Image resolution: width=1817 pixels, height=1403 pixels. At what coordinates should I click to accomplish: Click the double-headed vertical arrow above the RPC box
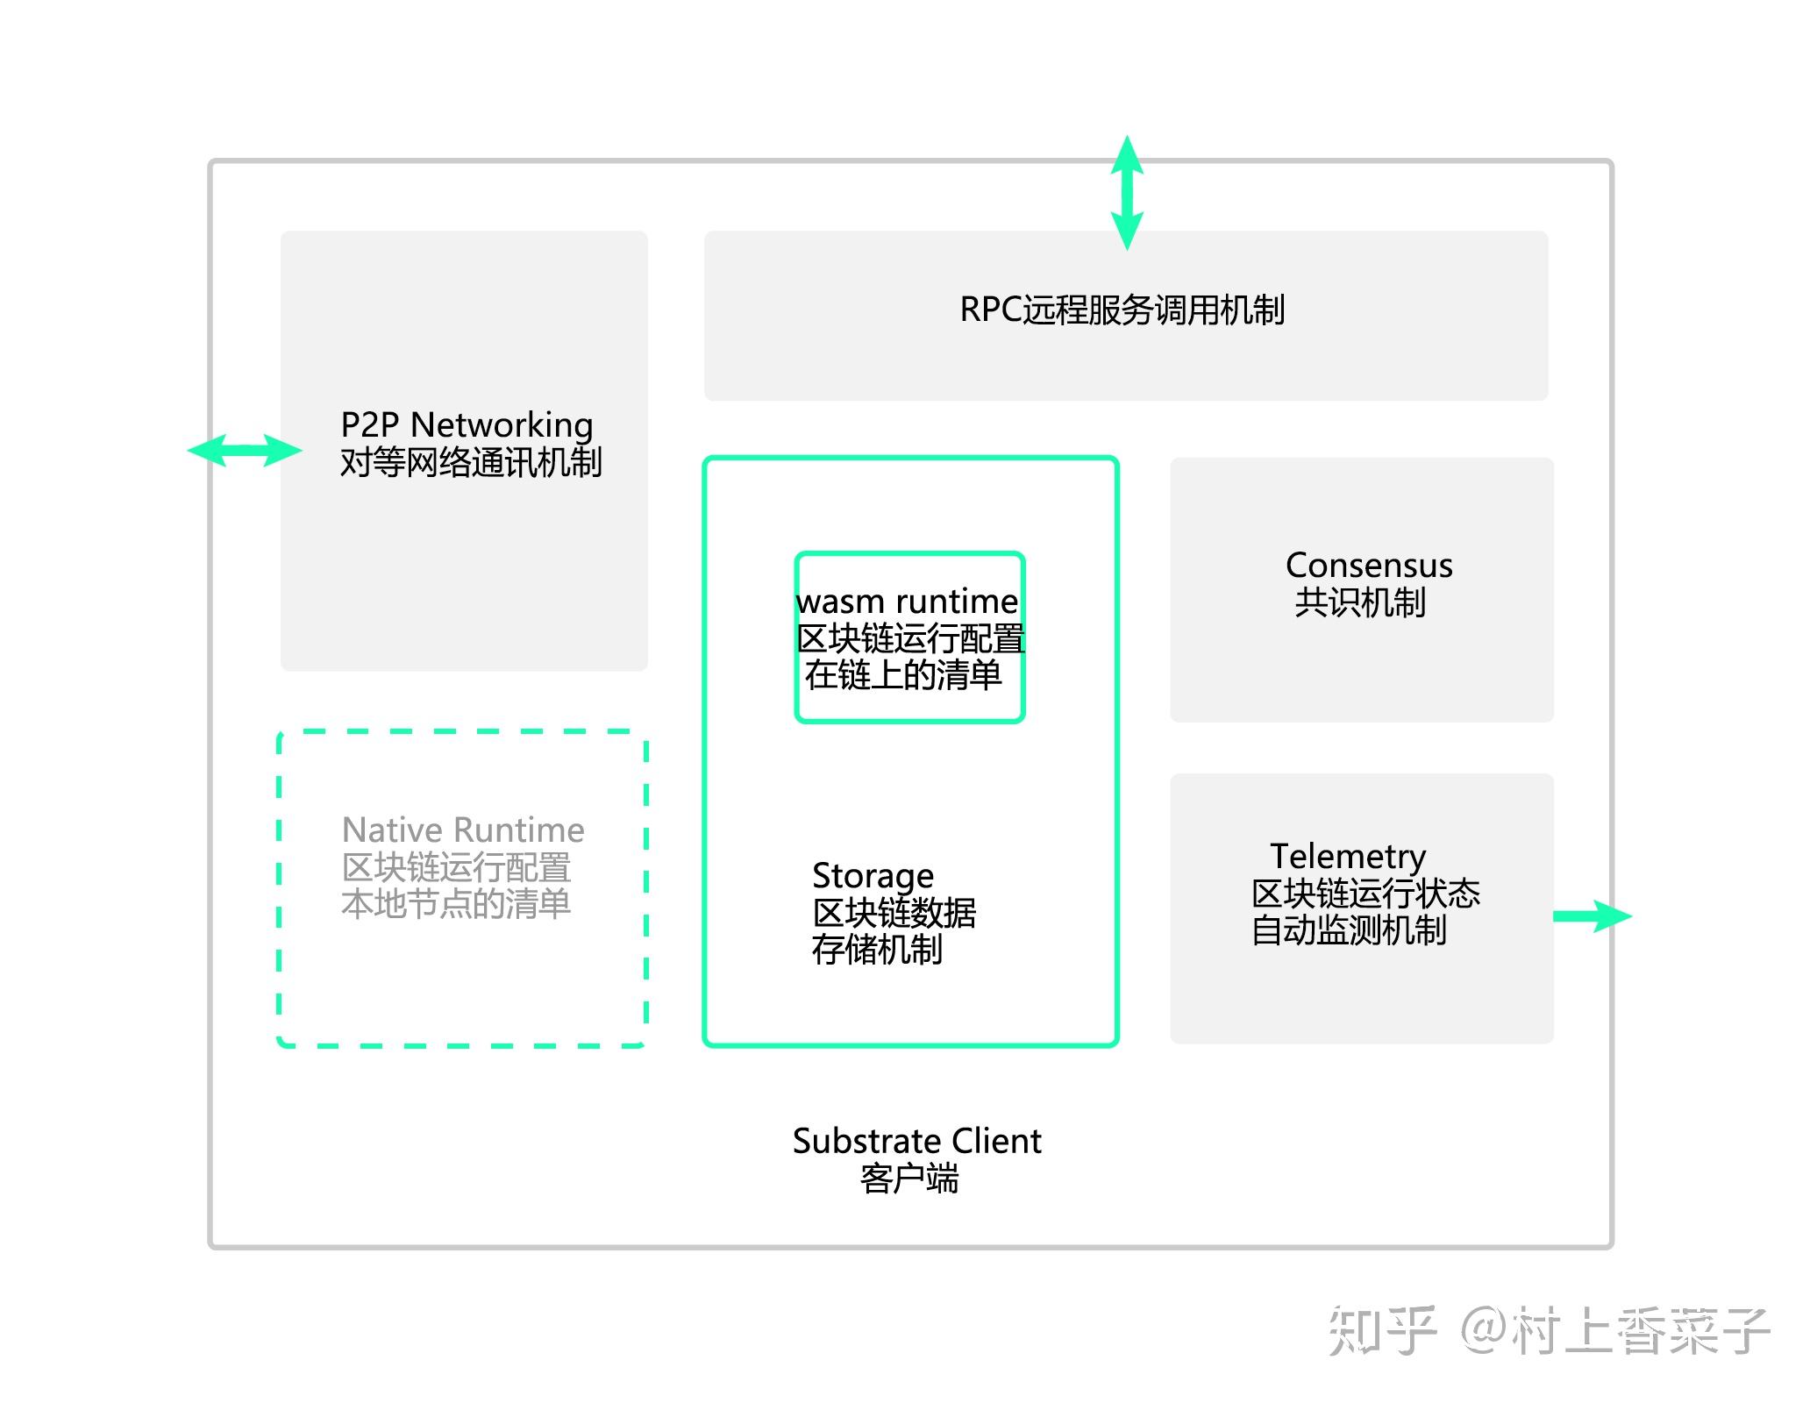1127,193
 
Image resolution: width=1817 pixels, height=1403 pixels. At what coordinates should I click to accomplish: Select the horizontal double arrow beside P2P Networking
245,451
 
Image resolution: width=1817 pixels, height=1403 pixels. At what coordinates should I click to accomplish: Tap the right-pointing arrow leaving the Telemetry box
1591,916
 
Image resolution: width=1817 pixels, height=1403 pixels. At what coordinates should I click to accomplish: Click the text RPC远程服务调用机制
1122,310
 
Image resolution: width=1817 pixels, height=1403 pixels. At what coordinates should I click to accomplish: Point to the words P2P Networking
467,425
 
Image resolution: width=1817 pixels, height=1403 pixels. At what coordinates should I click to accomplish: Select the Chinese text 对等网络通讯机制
471,462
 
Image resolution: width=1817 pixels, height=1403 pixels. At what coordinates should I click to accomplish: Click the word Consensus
1368,566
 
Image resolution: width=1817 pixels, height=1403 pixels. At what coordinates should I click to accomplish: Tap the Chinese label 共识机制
1359,603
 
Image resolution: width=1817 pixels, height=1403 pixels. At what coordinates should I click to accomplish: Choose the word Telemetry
1348,856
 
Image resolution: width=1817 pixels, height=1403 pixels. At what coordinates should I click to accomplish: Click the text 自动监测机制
1348,930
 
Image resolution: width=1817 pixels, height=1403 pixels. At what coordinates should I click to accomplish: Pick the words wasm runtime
907,602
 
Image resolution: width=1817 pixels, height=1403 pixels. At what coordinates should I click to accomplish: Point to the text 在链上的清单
903,675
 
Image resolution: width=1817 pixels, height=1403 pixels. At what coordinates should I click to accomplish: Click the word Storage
873,875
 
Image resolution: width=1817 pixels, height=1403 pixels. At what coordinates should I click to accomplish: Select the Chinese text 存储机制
877,950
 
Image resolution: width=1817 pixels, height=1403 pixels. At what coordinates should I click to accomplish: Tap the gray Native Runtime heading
463,830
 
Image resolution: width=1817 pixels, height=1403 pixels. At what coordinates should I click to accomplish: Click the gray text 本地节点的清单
456,904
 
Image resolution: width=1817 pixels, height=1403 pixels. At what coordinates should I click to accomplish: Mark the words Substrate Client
916,1141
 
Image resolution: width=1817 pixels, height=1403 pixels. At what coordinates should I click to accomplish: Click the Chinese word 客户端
909,1179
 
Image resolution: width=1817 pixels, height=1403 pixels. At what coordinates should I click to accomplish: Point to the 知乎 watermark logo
1381,1331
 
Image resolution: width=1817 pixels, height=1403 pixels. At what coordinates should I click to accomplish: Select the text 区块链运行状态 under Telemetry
1365,894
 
